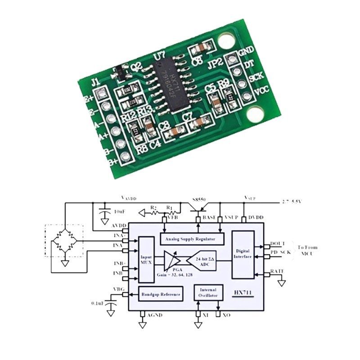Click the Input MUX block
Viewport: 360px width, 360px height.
pos(146,260)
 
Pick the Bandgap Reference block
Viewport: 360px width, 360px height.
pos(160,295)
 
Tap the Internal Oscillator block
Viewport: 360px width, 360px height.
pos(208,292)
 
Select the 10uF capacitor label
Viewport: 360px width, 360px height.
pos(120,211)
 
